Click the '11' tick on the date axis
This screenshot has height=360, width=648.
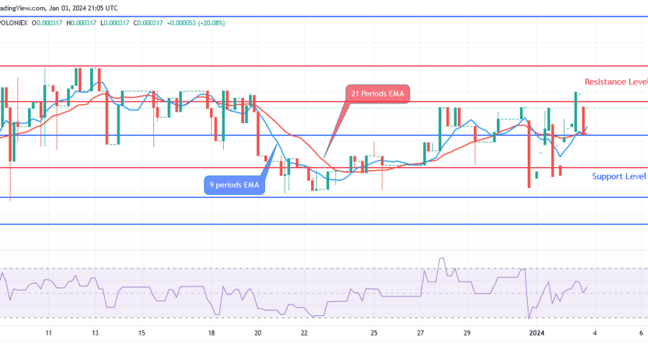(48, 333)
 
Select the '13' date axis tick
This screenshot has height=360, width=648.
(96, 333)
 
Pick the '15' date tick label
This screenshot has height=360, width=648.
(143, 333)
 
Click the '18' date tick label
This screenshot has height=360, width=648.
(212, 333)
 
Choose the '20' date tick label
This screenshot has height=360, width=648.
(258, 333)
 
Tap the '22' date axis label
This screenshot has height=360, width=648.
(305, 333)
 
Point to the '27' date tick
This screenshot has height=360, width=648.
(421, 333)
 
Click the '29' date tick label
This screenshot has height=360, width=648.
(467, 333)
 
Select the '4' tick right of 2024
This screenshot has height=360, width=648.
(595, 333)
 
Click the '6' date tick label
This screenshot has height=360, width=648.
(641, 333)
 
